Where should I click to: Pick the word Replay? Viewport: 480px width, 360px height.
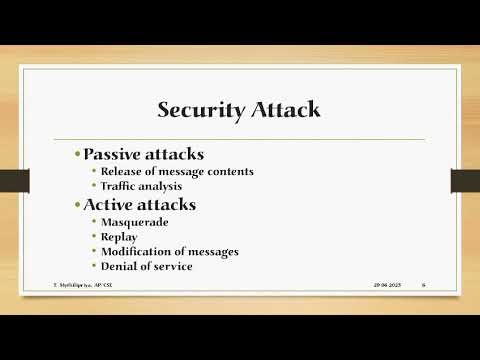click(117, 237)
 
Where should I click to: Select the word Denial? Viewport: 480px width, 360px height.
click(118, 266)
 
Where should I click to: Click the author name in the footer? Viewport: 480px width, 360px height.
click(79, 285)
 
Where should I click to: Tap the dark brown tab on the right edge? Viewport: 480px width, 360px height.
click(464, 181)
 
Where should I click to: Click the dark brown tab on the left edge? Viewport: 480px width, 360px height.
click(14, 181)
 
